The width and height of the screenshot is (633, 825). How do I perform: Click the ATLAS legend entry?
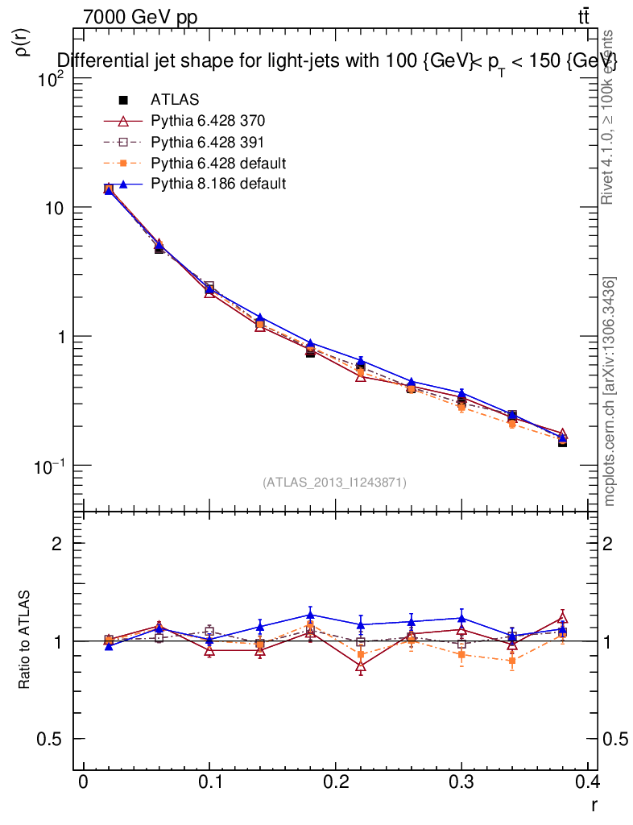(174, 100)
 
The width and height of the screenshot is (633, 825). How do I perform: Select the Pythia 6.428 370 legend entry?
(208, 121)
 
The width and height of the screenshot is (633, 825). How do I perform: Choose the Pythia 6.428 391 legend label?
(208, 142)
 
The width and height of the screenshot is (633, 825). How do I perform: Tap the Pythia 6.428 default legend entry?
(218, 163)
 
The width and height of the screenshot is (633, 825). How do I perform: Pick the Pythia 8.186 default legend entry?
(218, 184)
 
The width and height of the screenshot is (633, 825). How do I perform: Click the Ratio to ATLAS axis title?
(25, 640)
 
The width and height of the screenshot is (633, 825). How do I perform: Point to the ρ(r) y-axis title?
(24, 40)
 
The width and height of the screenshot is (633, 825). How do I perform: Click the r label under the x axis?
(594, 805)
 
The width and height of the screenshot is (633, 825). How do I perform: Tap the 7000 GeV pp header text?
(140, 15)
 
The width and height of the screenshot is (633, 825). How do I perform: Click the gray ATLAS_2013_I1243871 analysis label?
(334, 483)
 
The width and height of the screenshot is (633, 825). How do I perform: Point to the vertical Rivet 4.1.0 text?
(608, 117)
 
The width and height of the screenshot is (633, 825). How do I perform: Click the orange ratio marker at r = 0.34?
(512, 661)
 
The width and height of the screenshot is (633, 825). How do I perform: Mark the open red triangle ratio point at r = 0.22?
(361, 667)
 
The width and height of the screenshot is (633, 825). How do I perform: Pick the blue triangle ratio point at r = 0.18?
(311, 615)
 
